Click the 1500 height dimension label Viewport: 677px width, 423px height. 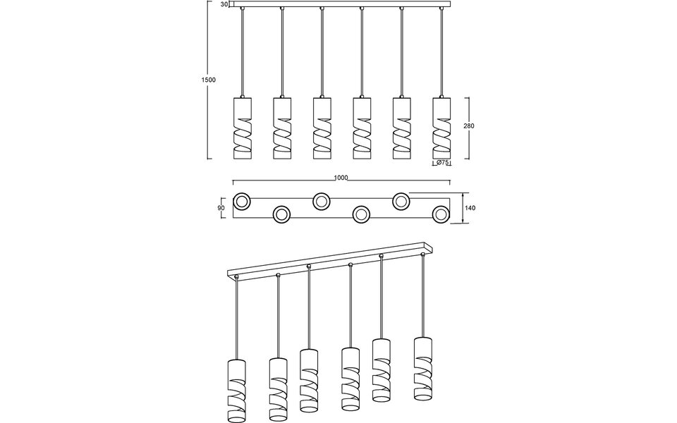tap(208, 80)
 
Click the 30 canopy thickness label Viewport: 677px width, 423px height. tap(224, 5)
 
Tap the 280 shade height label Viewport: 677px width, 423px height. tap(469, 126)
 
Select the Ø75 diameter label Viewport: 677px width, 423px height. tap(442, 163)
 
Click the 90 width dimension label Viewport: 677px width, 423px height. tap(221, 208)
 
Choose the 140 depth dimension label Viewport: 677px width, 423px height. tap(470, 208)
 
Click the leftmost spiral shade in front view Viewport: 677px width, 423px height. tap(242, 127)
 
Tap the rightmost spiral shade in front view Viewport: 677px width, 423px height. tap(441, 127)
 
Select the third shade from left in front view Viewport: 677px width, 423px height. tap(322, 127)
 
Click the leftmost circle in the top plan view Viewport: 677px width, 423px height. tap(242, 201)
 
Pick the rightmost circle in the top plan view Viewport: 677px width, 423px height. tap(441, 214)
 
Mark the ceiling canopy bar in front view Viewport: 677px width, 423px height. tap(341, 5)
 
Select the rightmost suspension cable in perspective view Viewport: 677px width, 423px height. tap(423, 296)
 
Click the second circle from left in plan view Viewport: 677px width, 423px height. tap(281, 214)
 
